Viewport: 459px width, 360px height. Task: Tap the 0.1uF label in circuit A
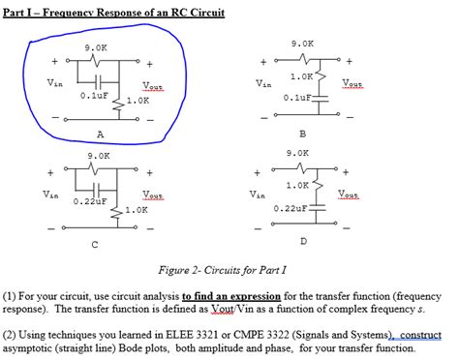coord(94,96)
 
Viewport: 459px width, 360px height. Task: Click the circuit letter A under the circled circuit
coord(100,135)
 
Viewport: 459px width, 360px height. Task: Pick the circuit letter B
coord(303,134)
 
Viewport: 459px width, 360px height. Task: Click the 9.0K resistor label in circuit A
coord(96,47)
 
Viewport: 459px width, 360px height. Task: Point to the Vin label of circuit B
coord(263,83)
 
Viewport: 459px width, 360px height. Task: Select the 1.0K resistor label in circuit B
coord(300,75)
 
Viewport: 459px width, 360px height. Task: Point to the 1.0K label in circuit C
coord(136,209)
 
